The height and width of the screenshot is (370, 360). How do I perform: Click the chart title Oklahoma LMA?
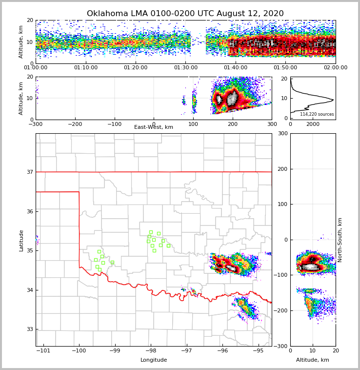point(185,14)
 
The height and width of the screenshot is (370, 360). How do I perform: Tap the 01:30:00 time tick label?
point(186,68)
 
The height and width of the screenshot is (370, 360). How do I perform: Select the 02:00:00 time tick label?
point(336,68)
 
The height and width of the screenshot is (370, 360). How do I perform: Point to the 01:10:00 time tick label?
point(86,68)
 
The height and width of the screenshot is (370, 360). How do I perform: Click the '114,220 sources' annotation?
point(317,114)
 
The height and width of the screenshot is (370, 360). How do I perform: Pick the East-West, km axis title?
point(154,127)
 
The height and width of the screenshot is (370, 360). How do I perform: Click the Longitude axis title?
point(154,360)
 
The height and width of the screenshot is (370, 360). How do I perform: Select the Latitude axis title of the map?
point(21,240)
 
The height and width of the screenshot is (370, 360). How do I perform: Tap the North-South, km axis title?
point(340,240)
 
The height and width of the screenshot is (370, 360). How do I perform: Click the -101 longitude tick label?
point(44,350)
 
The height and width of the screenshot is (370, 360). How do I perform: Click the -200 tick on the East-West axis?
point(75,124)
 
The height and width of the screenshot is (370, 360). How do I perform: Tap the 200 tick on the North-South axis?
point(281,169)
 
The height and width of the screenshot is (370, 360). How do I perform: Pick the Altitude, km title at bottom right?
point(313,360)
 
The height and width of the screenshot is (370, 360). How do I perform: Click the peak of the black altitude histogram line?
point(333,100)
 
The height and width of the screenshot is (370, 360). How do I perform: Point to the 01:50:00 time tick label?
point(285,68)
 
